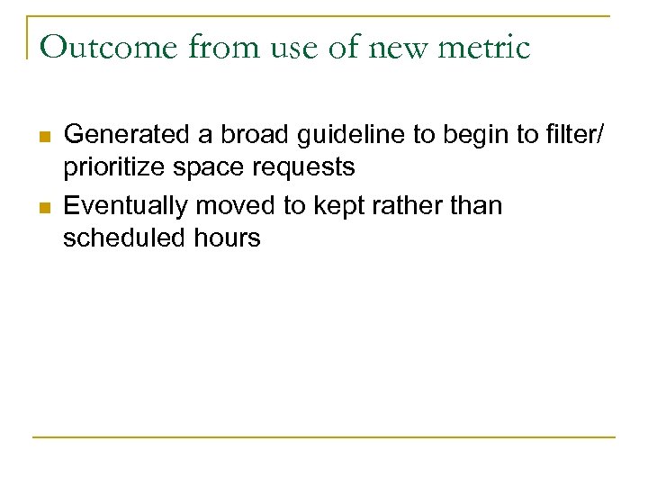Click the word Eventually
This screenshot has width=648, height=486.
click(125, 206)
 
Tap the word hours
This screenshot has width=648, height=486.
click(225, 238)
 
